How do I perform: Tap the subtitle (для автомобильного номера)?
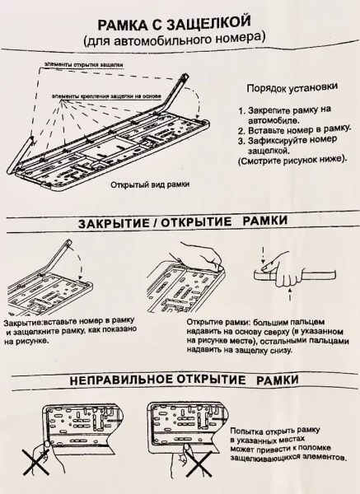tap(180, 39)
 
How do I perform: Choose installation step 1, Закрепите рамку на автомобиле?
tap(284, 114)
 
